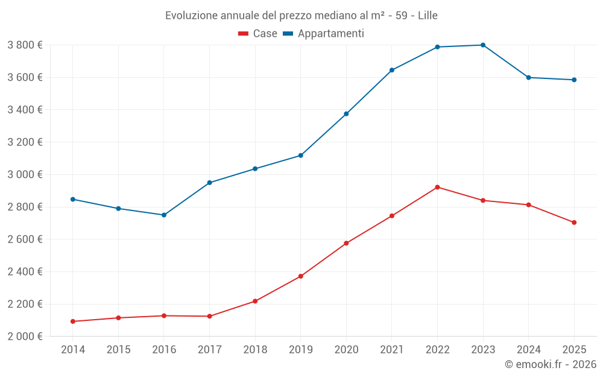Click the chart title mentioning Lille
pos(301,15)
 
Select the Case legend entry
pos(258,34)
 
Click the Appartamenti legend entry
pos(324,34)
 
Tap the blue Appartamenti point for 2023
pos(483,45)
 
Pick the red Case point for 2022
pos(437,187)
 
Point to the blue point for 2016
pos(164,215)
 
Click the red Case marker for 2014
pos(73,322)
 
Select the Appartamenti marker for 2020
pos(346,114)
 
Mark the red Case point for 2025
pos(574,223)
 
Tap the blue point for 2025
pos(574,80)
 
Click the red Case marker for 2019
pos(301,276)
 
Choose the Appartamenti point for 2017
pos(209,183)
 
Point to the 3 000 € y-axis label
pos(25,174)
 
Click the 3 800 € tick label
pos(25,45)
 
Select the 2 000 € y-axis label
pos(25,336)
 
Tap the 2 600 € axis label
pos(25,239)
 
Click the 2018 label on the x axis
pos(255,350)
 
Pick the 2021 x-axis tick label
pos(392,350)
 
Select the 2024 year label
pos(528,350)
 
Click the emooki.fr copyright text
pos(550,364)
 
